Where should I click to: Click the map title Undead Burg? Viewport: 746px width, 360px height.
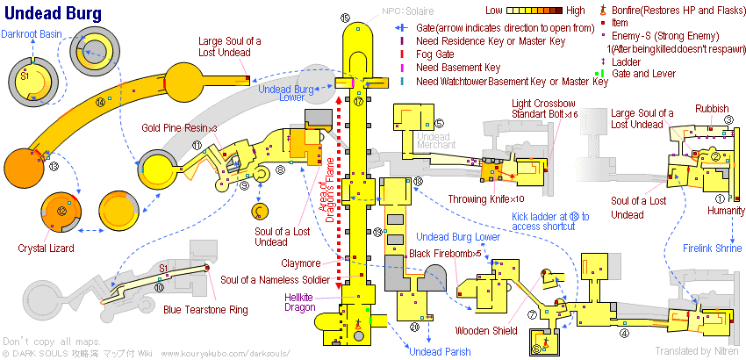(x=52, y=15)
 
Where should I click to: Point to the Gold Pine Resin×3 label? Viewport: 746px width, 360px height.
(x=179, y=127)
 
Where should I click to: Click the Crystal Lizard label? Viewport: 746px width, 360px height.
(x=44, y=248)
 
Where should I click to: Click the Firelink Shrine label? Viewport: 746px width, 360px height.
(x=713, y=248)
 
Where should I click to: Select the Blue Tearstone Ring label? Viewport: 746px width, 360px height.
(x=205, y=309)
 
